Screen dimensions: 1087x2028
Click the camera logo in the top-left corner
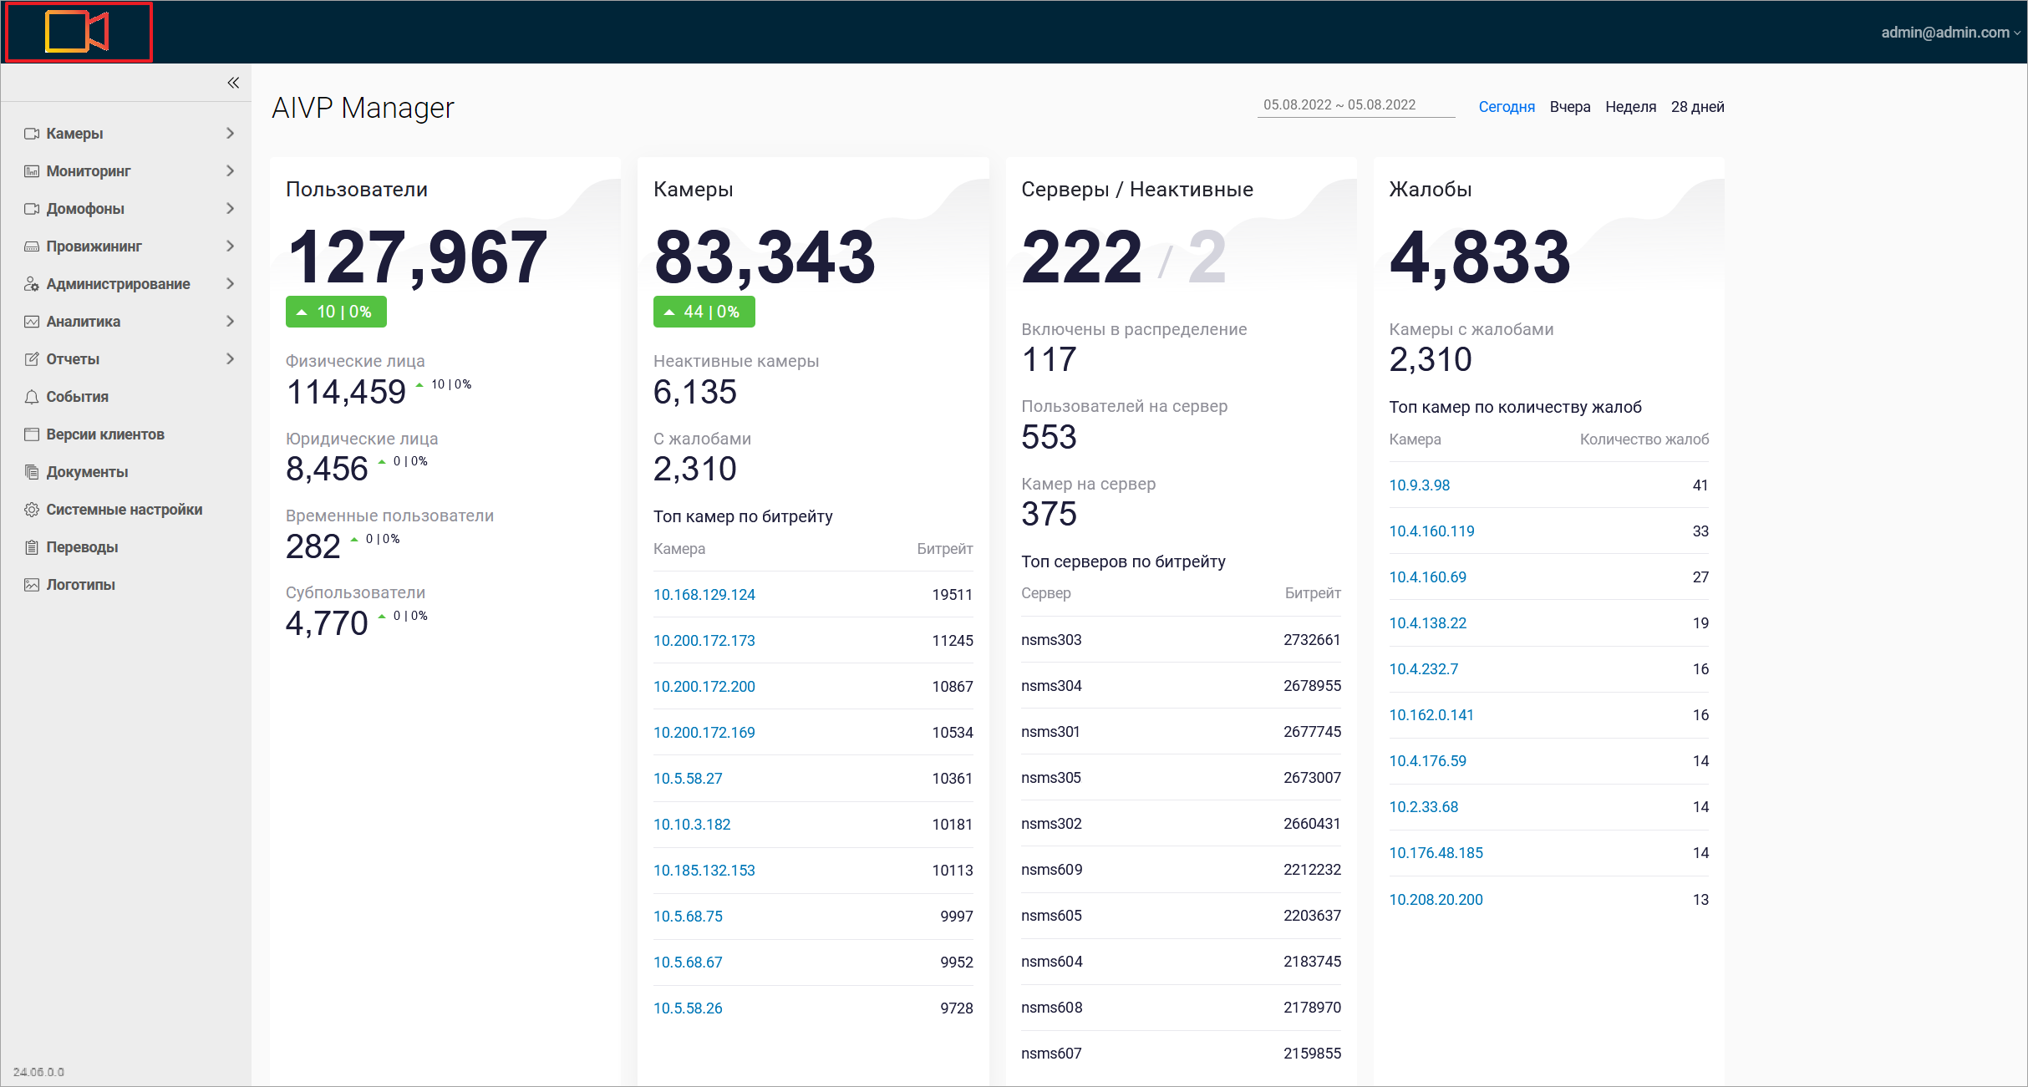pyautogui.click(x=77, y=33)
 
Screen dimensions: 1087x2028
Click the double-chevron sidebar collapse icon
pyautogui.click(x=233, y=83)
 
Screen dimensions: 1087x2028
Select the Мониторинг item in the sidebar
pyautogui.click(x=89, y=171)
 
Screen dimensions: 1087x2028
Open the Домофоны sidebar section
pyautogui.click(x=85, y=209)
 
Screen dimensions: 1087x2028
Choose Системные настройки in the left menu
pyautogui.click(x=124, y=510)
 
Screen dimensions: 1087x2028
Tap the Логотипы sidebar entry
pyautogui.click(x=80, y=585)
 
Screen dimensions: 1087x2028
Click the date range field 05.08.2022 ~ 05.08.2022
pyautogui.click(x=1339, y=105)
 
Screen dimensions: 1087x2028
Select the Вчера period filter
pyautogui.click(x=1569, y=107)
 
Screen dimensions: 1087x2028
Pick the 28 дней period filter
pyautogui.click(x=1697, y=107)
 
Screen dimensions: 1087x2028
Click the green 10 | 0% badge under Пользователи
pyautogui.click(x=336, y=312)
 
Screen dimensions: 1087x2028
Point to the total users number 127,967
pyautogui.click(x=416, y=257)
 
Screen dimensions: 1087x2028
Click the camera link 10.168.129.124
pyautogui.click(x=704, y=595)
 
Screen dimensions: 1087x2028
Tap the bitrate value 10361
pyautogui.click(x=952, y=779)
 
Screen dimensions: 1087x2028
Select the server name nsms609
pyautogui.click(x=1051, y=870)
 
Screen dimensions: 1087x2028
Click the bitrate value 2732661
pyautogui.click(x=1311, y=640)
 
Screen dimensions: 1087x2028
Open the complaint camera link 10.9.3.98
pyautogui.click(x=1419, y=485)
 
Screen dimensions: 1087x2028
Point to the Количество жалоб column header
pyautogui.click(x=1644, y=439)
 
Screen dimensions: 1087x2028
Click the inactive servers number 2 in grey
pyautogui.click(x=1207, y=257)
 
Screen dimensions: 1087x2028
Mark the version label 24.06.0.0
pyautogui.click(x=38, y=1072)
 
